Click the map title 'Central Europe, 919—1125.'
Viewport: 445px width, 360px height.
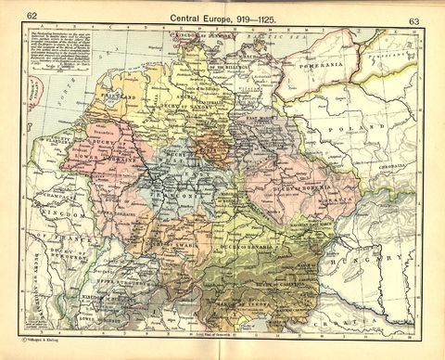tap(222, 17)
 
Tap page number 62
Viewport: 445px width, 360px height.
tap(32, 16)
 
